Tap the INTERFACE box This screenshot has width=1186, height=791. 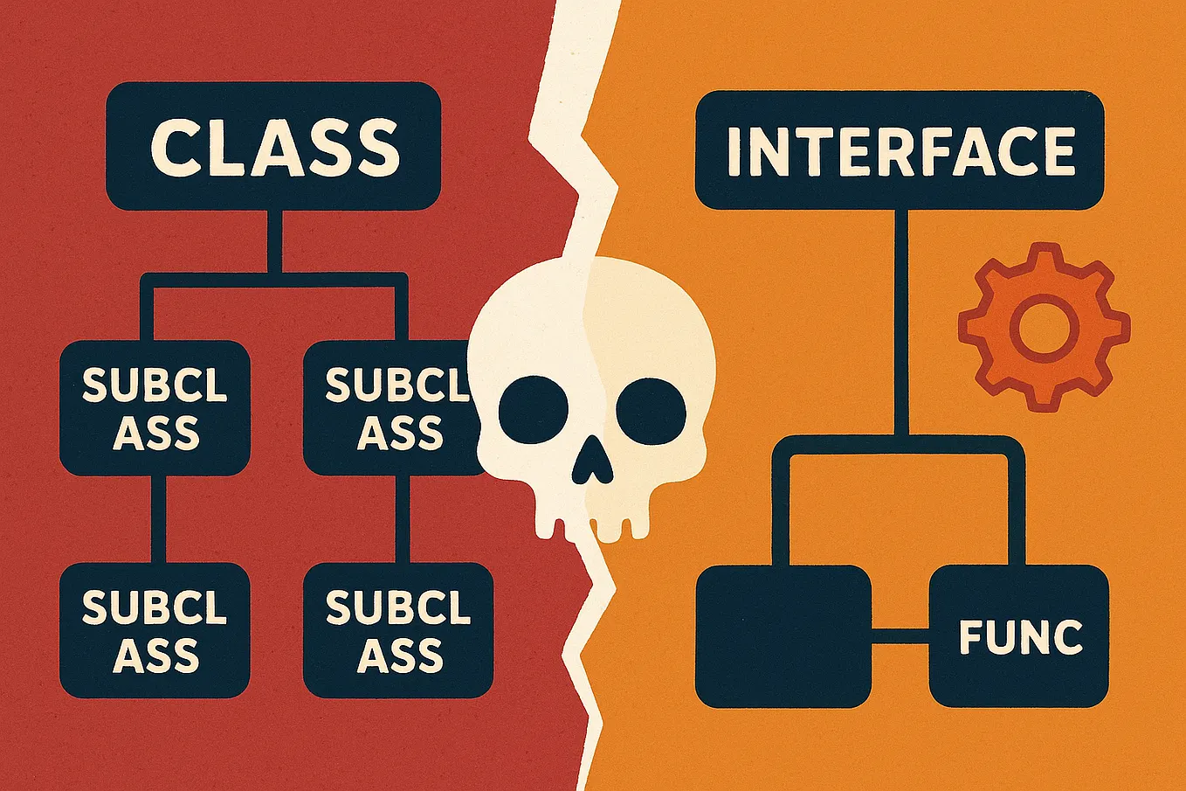900,150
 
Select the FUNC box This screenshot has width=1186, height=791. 1018,636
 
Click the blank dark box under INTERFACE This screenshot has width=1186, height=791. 783,636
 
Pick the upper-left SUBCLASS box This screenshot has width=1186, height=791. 155,408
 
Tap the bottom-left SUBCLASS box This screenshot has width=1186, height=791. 155,630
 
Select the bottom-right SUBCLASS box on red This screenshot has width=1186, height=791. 398,630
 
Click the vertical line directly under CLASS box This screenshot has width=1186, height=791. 274,240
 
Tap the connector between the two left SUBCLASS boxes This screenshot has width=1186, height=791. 158,519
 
